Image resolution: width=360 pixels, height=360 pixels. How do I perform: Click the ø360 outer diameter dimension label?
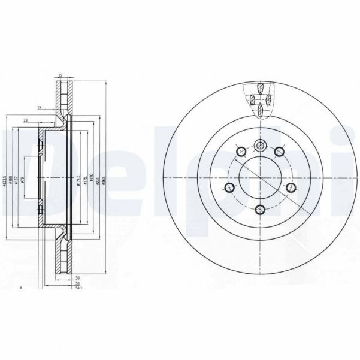click(104, 181)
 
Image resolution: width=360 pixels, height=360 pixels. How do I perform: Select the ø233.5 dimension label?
click(4, 181)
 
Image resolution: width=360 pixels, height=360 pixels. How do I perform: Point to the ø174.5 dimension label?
click(78, 181)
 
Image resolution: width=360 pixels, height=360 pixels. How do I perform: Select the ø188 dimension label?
click(11, 181)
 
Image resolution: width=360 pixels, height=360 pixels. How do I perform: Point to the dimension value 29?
click(25, 120)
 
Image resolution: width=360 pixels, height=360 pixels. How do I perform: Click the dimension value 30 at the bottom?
click(78, 277)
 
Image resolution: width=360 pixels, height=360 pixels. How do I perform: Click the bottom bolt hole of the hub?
click(260, 209)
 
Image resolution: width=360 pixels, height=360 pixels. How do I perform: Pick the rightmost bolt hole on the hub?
click(291, 189)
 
